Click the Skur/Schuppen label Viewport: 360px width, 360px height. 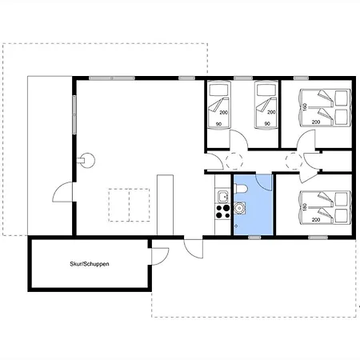tap(90, 264)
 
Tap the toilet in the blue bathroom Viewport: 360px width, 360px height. tap(241, 188)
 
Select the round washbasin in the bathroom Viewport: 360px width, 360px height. tap(240, 208)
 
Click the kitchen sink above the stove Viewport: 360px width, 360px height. tap(222, 197)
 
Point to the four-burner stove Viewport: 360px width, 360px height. tap(222, 212)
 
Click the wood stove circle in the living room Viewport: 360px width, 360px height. tap(87, 160)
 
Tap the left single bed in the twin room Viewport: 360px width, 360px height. tap(218, 106)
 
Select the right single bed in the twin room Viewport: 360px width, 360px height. tap(266, 106)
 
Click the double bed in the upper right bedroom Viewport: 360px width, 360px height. tap(325, 107)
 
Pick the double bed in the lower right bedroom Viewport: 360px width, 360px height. tap(325, 207)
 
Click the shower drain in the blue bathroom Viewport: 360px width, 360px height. tap(236, 226)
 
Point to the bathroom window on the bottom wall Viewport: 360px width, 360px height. tap(254, 238)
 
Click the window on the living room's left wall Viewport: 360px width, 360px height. tap(74, 114)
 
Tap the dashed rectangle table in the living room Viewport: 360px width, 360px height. tap(129, 205)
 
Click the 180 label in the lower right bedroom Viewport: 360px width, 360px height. tap(305, 206)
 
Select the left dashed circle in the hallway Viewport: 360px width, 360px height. tap(234, 161)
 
